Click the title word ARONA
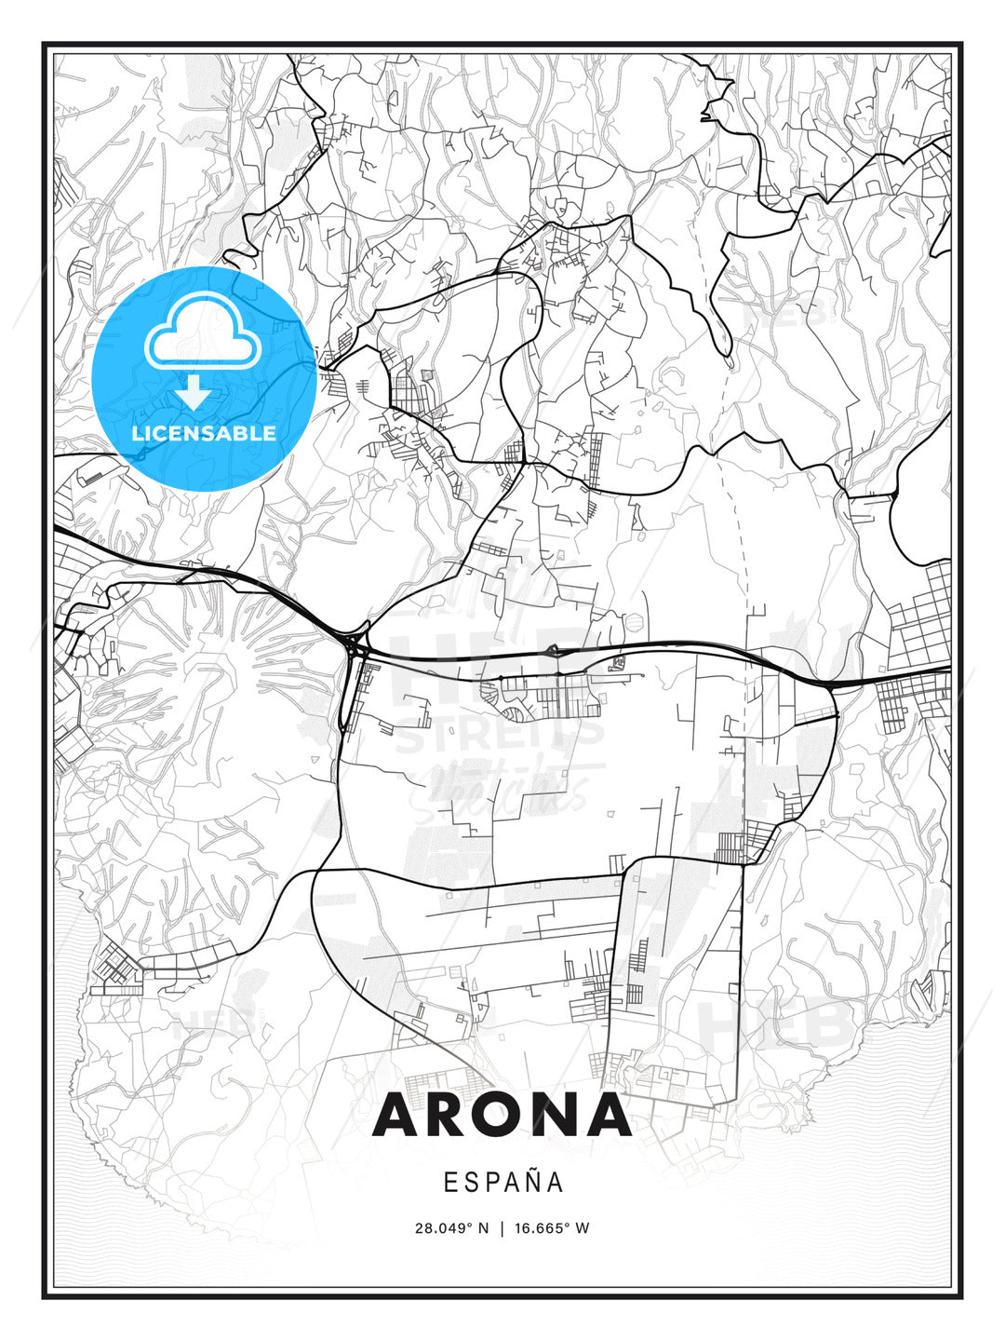click(x=502, y=1115)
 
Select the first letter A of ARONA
click(x=396, y=1115)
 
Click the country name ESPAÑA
click(x=502, y=1182)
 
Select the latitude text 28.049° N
click(x=451, y=1227)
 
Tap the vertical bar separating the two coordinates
click(x=502, y=1227)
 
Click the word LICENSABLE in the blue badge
click(x=204, y=433)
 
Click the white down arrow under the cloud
click(x=194, y=392)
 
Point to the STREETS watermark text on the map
click(x=500, y=736)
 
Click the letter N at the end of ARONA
click(x=553, y=1115)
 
